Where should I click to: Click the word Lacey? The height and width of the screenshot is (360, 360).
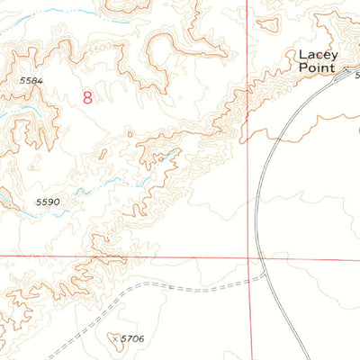[x=316, y=55]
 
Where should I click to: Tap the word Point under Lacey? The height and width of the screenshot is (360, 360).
[x=316, y=67]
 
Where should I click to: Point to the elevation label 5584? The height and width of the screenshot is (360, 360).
[x=31, y=81]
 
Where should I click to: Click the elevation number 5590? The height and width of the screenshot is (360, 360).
[x=48, y=202]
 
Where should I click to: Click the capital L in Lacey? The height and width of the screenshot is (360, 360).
[x=302, y=55]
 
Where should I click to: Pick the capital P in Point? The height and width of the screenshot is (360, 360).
[x=302, y=67]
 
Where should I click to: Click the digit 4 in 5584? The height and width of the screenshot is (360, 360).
[x=40, y=81]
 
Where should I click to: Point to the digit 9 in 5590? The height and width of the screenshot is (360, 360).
[x=50, y=202]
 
